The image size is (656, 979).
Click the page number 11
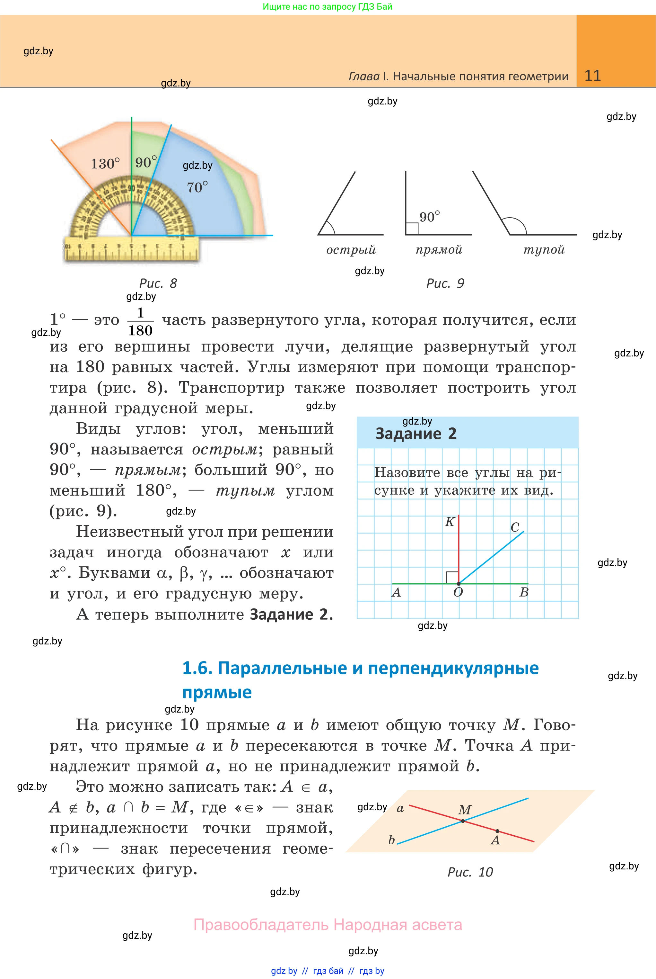pyautogui.click(x=592, y=76)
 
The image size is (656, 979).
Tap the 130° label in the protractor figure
pyautogui.click(x=105, y=163)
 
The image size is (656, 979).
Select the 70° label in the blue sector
pyautogui.click(x=197, y=187)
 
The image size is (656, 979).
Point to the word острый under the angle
pyautogui.click(x=351, y=250)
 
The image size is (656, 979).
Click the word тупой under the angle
pyautogui.click(x=544, y=250)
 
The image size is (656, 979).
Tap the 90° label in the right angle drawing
pyautogui.click(x=429, y=217)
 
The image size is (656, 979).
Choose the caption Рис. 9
pyautogui.click(x=445, y=283)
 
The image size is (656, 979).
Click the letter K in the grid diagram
pyautogui.click(x=449, y=522)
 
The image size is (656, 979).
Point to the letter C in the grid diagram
pyautogui.click(x=515, y=527)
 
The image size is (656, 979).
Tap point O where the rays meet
pyautogui.click(x=459, y=583)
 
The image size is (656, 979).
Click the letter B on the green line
pyautogui.click(x=524, y=592)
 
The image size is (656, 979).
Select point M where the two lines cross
pyautogui.click(x=463, y=821)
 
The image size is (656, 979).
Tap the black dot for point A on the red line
pyautogui.click(x=497, y=831)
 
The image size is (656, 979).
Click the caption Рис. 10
pyautogui.click(x=470, y=872)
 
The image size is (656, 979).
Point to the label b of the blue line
pyautogui.click(x=392, y=840)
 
